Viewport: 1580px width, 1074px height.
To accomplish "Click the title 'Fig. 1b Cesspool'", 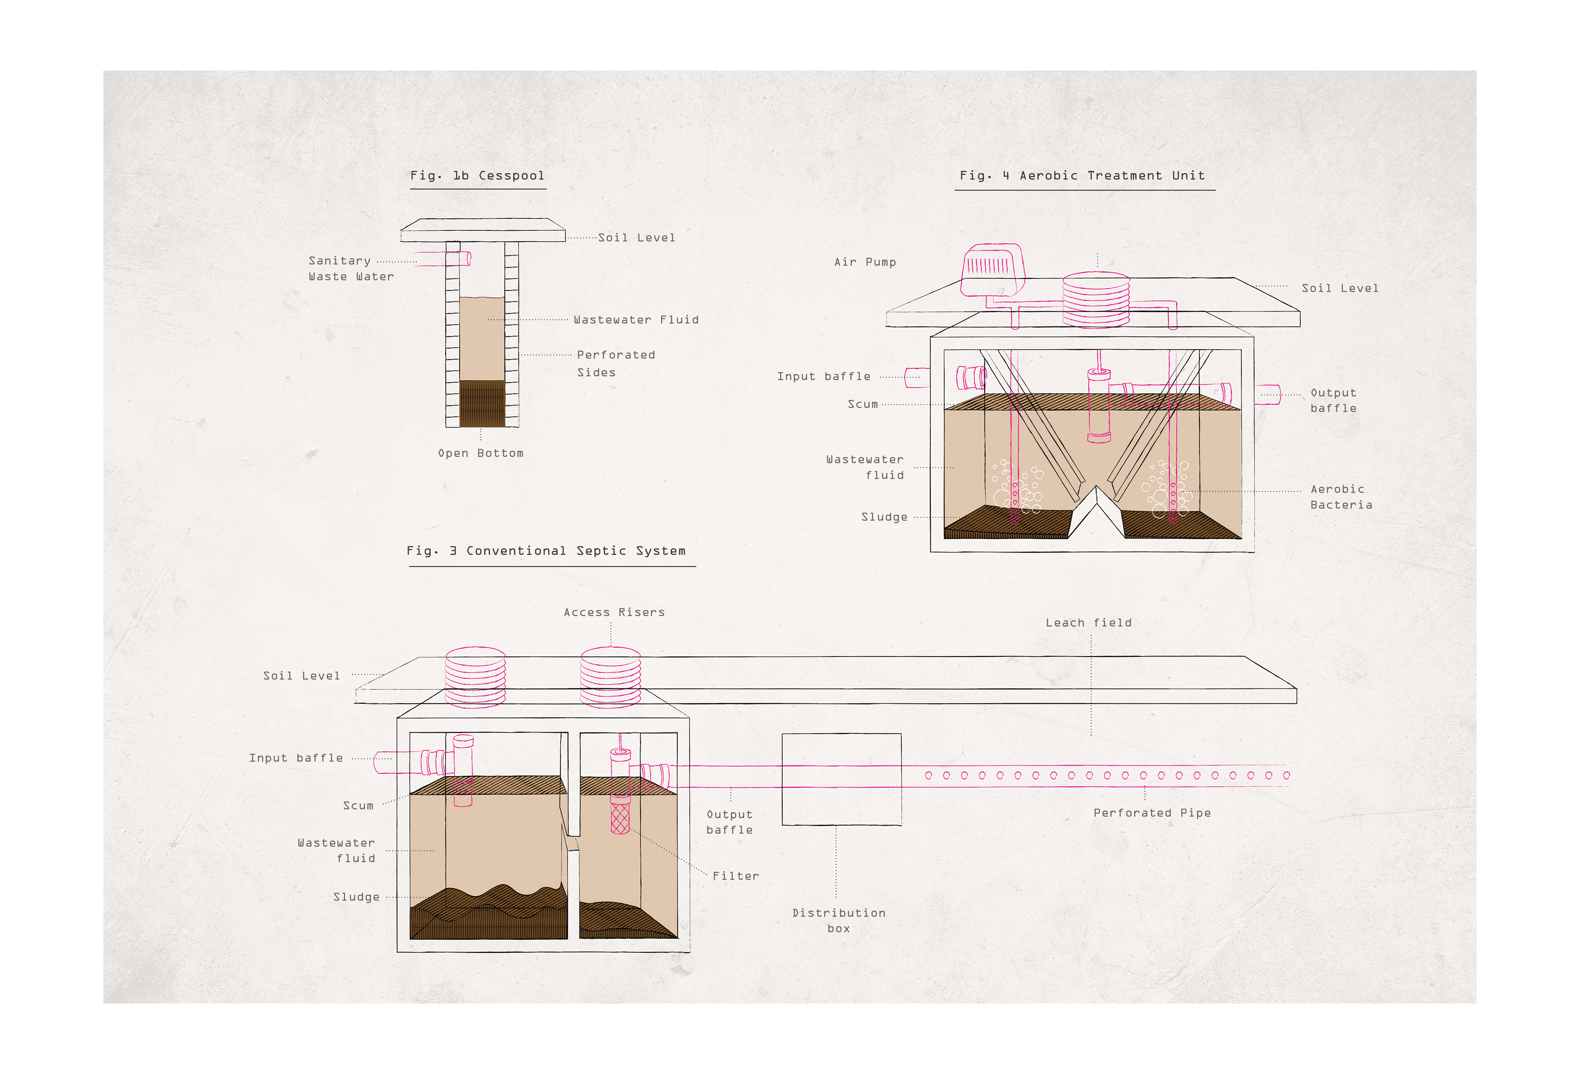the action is (x=477, y=175).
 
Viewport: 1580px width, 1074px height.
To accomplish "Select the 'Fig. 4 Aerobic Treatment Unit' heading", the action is (x=1082, y=175).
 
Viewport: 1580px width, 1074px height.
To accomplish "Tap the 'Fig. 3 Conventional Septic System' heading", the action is (x=546, y=551).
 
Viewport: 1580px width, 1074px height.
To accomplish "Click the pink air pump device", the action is (x=992, y=269).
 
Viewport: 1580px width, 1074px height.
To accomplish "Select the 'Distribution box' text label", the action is (x=839, y=921).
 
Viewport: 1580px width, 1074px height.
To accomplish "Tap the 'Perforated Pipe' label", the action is (x=1152, y=813).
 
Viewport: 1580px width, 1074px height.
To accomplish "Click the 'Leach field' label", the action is (x=1088, y=623).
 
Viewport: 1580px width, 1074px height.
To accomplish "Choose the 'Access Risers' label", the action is (x=614, y=612).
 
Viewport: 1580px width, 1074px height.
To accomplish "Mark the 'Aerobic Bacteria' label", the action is (x=1341, y=497).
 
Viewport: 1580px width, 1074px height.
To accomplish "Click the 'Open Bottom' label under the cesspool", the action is (x=481, y=453).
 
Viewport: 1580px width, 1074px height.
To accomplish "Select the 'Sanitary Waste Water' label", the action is (x=351, y=269).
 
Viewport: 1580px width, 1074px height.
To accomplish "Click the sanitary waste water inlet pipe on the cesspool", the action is (x=445, y=258).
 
